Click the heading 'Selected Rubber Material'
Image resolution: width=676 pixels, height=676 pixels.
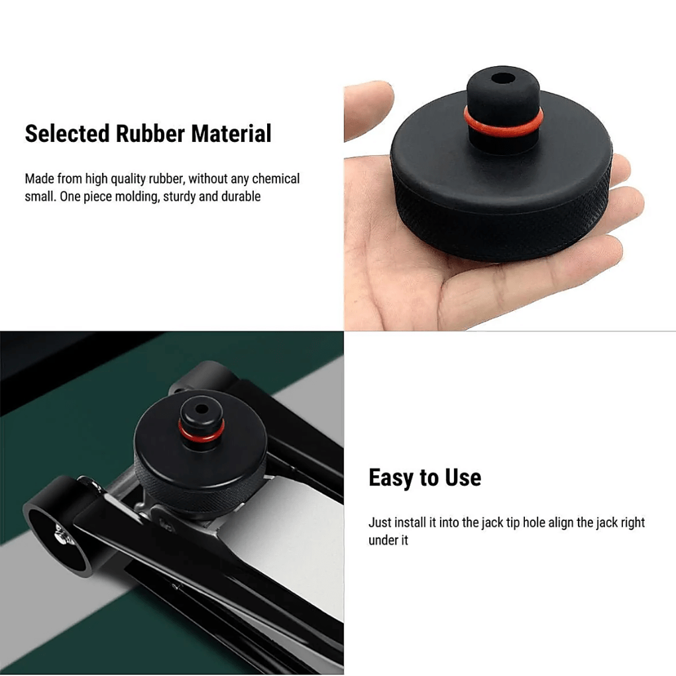coord(148,133)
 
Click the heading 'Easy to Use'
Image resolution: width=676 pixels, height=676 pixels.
coord(424,477)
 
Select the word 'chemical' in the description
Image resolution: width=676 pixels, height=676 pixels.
coord(276,179)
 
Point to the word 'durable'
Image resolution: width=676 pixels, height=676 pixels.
coord(240,197)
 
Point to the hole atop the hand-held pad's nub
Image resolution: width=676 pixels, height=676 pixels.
coord(503,78)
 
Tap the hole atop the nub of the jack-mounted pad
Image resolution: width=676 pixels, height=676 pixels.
coord(199,402)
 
